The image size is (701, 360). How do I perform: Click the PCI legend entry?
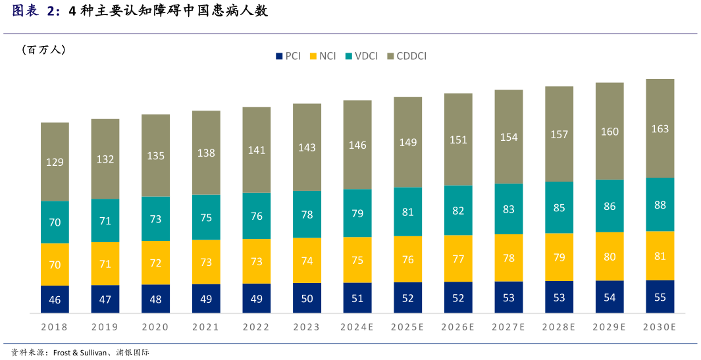288,57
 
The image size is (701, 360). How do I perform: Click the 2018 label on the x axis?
55,327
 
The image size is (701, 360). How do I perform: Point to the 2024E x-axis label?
357,327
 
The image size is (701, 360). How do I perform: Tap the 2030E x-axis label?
660,327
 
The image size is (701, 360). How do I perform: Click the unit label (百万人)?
43,50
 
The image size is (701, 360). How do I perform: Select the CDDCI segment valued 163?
660,128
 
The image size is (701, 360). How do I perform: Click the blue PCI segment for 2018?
55,299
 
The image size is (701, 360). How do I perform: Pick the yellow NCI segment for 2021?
206,262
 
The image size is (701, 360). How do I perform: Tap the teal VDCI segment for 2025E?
408,212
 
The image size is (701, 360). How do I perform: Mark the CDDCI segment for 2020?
155,155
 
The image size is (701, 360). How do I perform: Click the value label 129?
55,162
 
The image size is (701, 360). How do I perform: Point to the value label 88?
660,205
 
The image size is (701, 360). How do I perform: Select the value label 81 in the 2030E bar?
660,256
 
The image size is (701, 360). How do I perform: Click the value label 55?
660,297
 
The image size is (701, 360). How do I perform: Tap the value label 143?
307,147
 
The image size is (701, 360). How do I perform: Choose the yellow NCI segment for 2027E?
509,258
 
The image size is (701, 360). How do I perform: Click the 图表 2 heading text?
36,11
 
